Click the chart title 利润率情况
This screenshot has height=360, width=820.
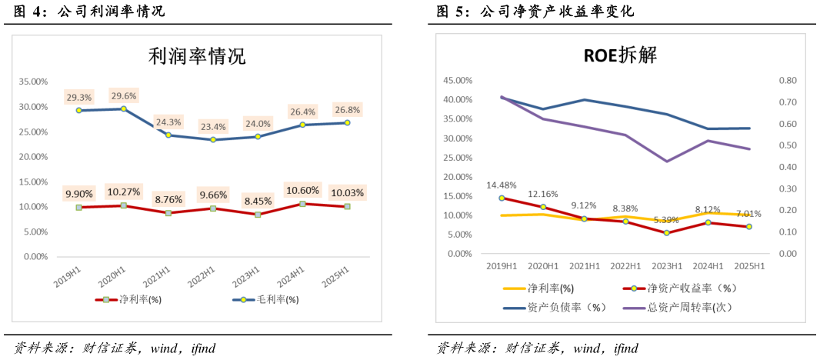click(x=196, y=57)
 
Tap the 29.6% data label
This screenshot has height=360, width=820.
click(x=123, y=96)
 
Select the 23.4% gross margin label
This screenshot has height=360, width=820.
click(x=213, y=127)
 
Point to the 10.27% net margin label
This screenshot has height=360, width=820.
click(x=123, y=192)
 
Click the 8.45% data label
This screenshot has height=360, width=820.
click(x=258, y=202)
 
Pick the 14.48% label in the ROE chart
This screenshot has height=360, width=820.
click(x=501, y=185)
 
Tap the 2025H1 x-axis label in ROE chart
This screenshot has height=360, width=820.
click(x=749, y=266)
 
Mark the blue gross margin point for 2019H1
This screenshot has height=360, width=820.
click(x=78, y=110)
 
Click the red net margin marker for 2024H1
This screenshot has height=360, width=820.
click(x=302, y=204)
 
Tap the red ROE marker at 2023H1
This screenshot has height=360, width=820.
click(x=667, y=232)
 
